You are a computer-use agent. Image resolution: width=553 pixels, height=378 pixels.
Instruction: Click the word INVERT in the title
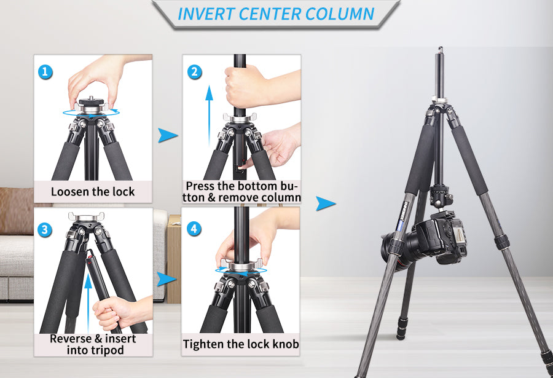click(206, 14)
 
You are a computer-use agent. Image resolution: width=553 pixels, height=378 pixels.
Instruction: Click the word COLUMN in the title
click(340, 14)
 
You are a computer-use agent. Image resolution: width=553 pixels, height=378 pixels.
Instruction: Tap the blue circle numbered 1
click(45, 72)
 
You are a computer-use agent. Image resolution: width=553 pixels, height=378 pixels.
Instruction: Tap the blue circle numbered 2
click(194, 72)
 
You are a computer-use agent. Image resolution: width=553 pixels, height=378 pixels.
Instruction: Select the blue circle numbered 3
click(45, 229)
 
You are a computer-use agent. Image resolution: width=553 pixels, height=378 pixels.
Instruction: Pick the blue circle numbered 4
click(194, 229)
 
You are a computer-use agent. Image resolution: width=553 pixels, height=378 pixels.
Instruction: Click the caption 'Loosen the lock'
click(93, 192)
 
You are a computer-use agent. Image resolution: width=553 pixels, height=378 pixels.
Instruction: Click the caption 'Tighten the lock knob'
click(241, 344)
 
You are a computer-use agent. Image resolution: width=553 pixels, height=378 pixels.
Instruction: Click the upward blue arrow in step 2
click(209, 116)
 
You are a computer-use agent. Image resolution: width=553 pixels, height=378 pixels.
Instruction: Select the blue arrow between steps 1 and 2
click(168, 135)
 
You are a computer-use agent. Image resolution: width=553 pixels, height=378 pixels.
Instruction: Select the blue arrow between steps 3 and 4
click(167, 279)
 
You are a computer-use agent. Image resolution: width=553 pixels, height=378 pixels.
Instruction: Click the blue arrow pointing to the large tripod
click(326, 203)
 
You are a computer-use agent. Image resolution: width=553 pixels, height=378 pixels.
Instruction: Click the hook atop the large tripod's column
click(441, 50)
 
